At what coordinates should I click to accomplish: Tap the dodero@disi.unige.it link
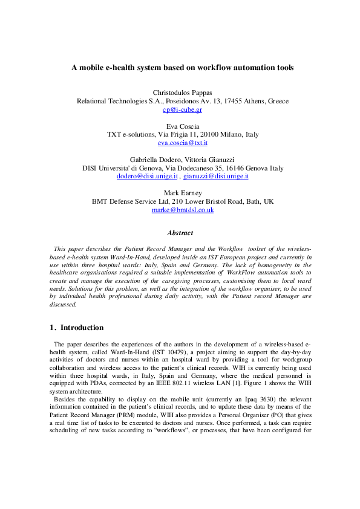(x=147, y=177)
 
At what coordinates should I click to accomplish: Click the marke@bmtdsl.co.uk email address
(x=182, y=210)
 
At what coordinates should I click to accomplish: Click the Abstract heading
(x=180, y=233)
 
